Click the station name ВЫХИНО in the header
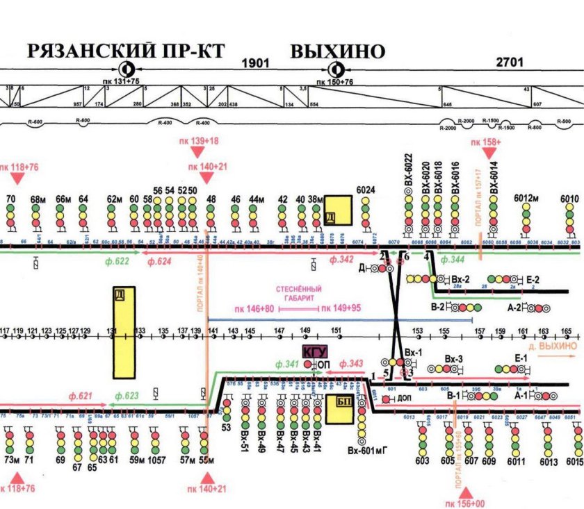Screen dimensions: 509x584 (337, 51)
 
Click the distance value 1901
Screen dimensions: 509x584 (254, 63)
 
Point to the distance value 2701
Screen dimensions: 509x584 (509, 63)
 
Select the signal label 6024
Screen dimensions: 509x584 (366, 190)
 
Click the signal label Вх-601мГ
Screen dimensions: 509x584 (366, 451)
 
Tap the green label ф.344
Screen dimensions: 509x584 (454, 259)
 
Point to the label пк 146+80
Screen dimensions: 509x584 (254, 308)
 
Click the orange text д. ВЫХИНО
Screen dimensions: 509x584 (553, 345)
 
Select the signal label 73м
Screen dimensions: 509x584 (10, 460)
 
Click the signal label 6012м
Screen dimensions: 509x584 (527, 199)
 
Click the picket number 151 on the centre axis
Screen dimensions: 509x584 (336, 330)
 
